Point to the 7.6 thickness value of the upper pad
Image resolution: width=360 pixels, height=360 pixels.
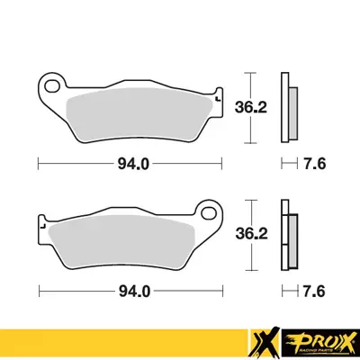point(314,164)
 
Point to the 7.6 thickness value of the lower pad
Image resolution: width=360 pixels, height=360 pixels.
point(314,292)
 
